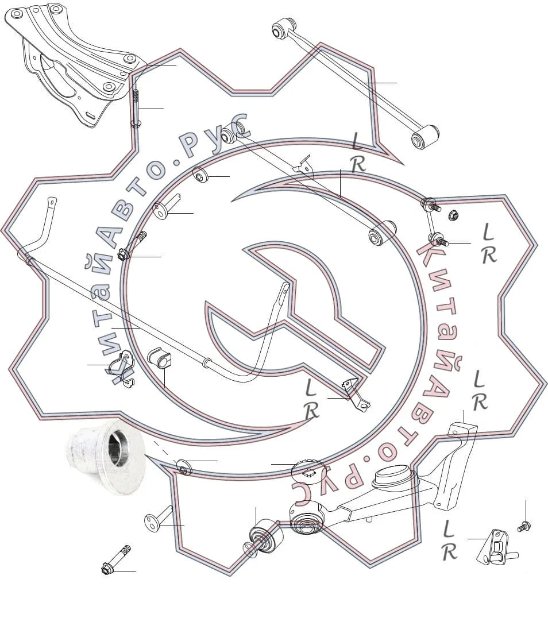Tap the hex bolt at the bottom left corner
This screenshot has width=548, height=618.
pyautogui.click(x=115, y=559)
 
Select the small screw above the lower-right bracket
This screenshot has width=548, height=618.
pyautogui.click(x=524, y=526)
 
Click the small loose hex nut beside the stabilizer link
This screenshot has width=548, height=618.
pyautogui.click(x=453, y=215)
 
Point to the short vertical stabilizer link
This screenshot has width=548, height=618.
pyautogui.click(x=434, y=222)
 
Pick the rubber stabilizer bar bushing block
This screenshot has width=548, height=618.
pyautogui.click(x=159, y=357)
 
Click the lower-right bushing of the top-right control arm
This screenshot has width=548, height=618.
pyautogui.click(x=424, y=137)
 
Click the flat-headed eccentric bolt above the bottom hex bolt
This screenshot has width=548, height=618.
pyautogui.click(x=159, y=518)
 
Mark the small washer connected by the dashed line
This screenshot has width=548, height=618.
pyautogui.click(x=184, y=466)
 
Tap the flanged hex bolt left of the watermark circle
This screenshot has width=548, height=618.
pyautogui.click(x=132, y=246)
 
